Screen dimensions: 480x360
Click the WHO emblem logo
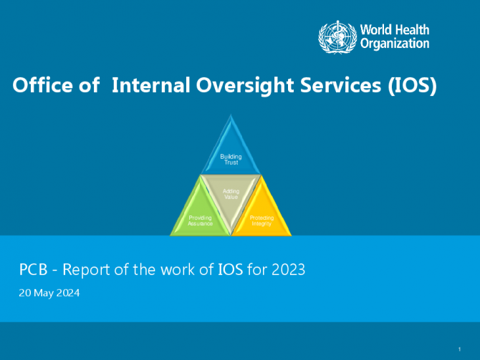(337, 37)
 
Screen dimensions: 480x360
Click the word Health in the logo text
(412, 30)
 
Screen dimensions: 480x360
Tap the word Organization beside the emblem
(395, 44)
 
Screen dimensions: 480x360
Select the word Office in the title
(42, 84)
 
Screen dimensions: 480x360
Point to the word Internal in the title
(151, 84)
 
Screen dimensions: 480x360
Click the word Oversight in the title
(245, 86)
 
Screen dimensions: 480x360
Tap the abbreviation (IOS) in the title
(412, 86)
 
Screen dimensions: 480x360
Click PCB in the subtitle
(34, 270)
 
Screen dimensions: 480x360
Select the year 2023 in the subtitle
(289, 270)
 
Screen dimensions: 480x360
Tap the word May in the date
(44, 293)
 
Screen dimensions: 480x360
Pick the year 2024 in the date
(68, 293)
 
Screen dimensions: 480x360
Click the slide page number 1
(459, 349)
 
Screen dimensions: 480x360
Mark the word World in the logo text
(376, 30)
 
